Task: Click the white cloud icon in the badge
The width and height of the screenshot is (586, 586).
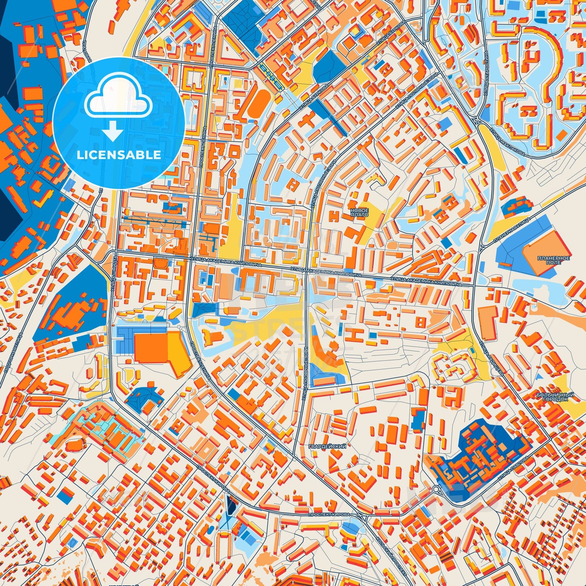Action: click(118, 99)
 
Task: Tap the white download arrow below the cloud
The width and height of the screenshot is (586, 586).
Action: click(114, 132)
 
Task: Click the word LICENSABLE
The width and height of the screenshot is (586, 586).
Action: click(119, 155)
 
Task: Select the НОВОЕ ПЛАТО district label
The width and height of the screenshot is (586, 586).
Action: click(359, 213)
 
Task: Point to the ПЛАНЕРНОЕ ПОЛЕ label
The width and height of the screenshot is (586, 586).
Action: click(554, 260)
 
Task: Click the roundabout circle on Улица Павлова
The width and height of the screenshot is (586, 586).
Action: click(436, 489)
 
